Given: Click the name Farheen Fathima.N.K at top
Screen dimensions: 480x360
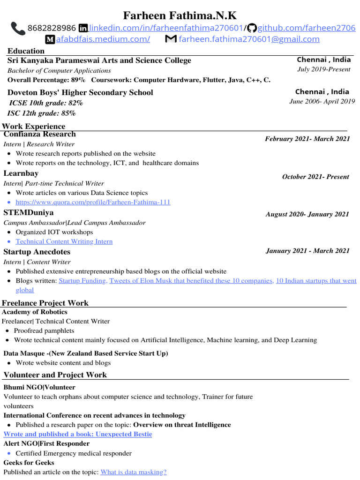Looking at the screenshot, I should click(180, 16).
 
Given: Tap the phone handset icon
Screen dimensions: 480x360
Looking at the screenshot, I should click(18, 28).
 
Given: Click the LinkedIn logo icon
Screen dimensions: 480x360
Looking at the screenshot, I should click(83, 28).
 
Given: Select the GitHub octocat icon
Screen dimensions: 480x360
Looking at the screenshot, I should click(252, 28).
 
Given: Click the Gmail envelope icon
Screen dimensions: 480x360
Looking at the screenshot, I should click(171, 39).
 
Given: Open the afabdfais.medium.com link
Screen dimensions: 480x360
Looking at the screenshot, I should click(103, 39).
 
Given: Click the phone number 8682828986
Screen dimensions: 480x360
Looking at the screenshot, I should click(52, 28).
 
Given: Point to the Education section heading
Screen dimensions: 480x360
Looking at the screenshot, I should click(26, 51).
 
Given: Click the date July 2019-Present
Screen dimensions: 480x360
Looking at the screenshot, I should click(324, 69).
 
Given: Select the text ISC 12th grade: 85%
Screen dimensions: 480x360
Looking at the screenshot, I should click(41, 113).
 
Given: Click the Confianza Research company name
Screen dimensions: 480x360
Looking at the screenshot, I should click(39, 134).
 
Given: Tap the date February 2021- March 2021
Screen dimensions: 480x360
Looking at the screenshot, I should click(307, 139).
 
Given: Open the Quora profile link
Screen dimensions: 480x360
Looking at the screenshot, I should click(93, 202).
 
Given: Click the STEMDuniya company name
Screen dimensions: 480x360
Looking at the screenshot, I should click(29, 213).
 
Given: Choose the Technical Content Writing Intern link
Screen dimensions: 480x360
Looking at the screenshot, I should click(64, 241).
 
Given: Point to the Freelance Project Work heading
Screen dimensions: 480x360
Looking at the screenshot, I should click(45, 303).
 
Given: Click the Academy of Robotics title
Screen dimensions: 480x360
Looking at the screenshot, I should click(35, 312).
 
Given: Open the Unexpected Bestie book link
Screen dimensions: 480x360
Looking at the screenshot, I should click(78, 434).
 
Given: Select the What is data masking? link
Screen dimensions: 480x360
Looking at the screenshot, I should click(134, 472).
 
